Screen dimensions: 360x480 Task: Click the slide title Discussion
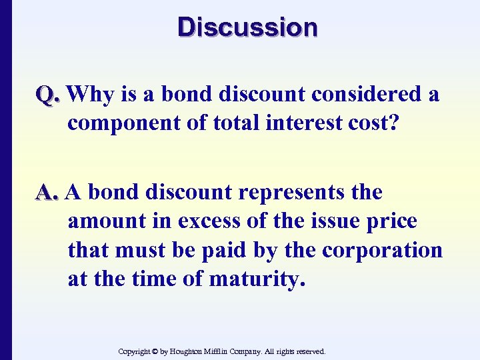[x=248, y=27]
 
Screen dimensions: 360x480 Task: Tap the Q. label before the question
[x=49, y=95]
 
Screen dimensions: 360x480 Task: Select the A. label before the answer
[x=49, y=193]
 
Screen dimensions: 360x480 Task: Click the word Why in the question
[x=91, y=95]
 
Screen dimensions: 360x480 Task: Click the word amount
[x=102, y=221]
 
